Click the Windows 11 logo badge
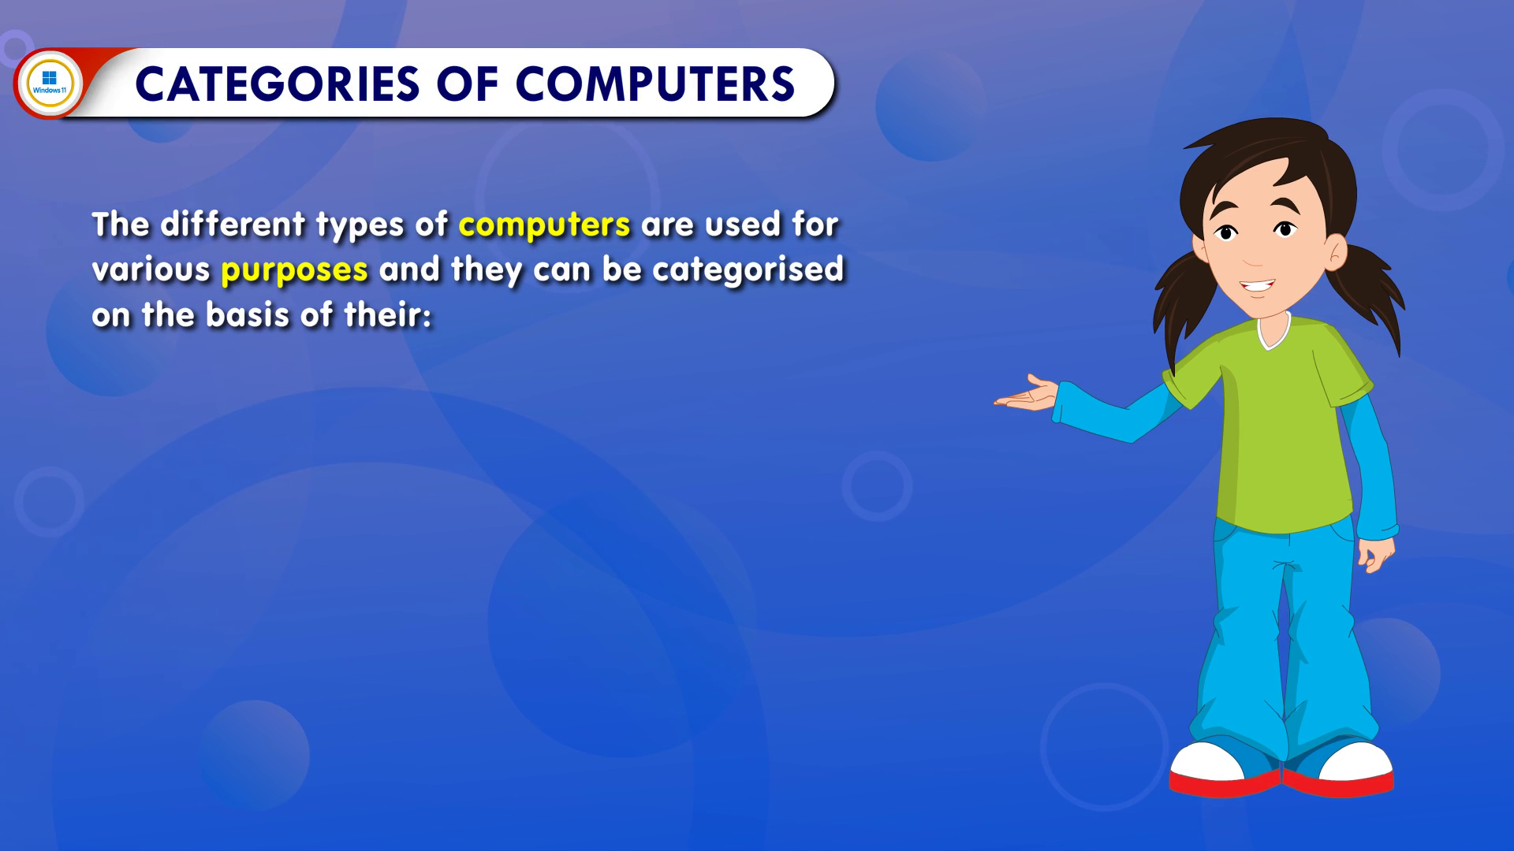pos(49,83)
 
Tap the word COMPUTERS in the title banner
pos(655,84)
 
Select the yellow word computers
pos(544,225)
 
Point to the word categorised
pos(748,269)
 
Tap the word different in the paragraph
pos(233,225)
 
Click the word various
pos(151,270)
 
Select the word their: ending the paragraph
pos(388,315)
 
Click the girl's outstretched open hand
pos(1025,393)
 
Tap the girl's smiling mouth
pos(1257,286)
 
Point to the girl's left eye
pos(1285,229)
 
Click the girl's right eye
pos(1226,232)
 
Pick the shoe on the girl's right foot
pos(1225,768)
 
